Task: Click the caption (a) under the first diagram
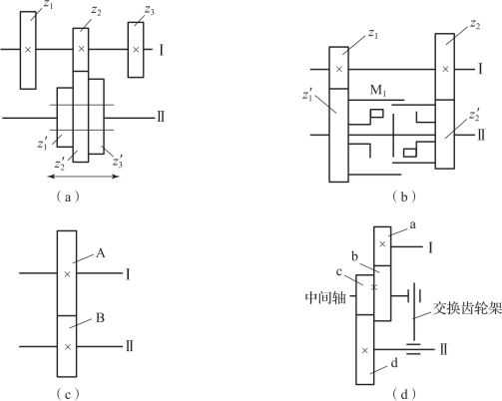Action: [x=68, y=198]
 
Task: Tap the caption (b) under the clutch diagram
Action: [x=404, y=198]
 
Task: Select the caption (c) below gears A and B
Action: [x=68, y=394]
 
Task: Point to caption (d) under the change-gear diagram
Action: [x=404, y=394]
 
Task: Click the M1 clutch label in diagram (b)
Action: [x=378, y=90]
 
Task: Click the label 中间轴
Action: [x=325, y=297]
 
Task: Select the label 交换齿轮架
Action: [x=467, y=308]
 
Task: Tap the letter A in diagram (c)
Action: [x=100, y=253]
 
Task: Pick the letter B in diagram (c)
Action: [x=100, y=318]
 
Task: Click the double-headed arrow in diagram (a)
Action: [x=84, y=177]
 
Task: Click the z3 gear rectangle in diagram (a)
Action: [x=136, y=50]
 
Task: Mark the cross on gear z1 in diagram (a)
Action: [x=28, y=50]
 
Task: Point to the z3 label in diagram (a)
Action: [x=150, y=10]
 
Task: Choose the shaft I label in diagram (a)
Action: [x=162, y=50]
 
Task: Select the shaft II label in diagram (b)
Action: [x=481, y=136]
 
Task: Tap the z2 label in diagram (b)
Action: [x=475, y=24]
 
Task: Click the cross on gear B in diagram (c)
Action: [x=68, y=347]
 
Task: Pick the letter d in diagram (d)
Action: [x=394, y=363]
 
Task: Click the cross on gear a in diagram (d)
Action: [x=382, y=244]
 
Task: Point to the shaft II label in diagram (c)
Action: [x=129, y=346]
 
